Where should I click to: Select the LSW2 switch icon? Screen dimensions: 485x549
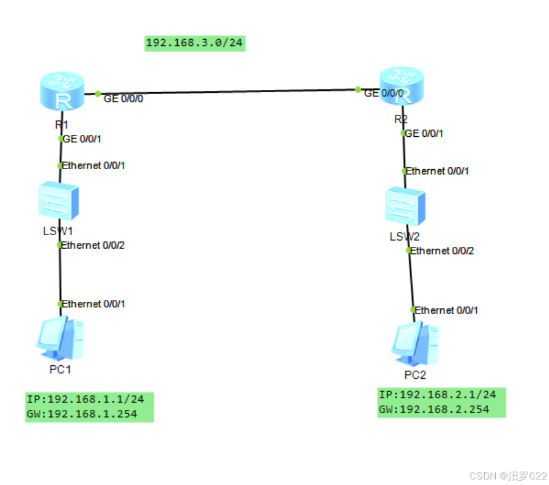(x=405, y=207)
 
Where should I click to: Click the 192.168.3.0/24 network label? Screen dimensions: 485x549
(x=194, y=43)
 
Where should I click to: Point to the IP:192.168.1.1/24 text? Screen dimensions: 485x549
(x=85, y=399)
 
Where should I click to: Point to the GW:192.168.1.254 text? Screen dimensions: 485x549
(x=81, y=414)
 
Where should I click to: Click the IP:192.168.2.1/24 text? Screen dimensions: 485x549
(x=437, y=394)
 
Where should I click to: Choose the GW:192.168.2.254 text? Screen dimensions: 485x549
(x=433, y=409)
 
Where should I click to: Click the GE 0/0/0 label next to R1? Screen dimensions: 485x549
(x=123, y=98)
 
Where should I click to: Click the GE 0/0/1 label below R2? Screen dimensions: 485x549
(x=424, y=133)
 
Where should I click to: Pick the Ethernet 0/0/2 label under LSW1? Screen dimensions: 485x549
(x=94, y=245)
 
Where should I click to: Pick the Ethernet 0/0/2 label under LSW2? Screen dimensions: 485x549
(x=443, y=250)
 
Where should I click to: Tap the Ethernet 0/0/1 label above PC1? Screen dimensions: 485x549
(x=94, y=304)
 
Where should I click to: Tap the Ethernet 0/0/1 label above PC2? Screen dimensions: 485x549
(x=447, y=310)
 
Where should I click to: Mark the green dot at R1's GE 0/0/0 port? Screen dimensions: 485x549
(x=98, y=93)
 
